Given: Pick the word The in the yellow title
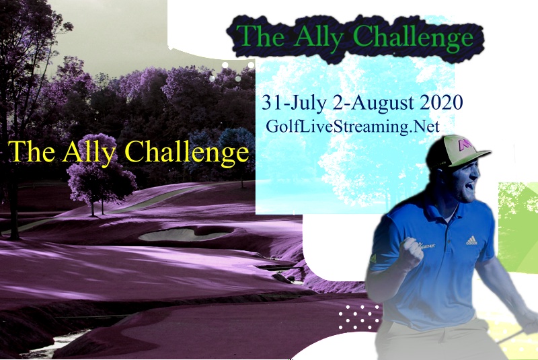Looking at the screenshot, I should [x=32, y=152].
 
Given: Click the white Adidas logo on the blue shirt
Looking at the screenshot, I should [x=471, y=240].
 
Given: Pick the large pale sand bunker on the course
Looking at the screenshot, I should [x=182, y=234].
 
